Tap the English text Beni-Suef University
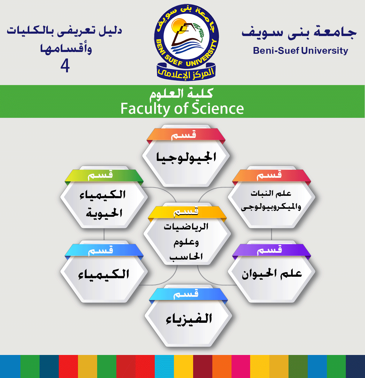[x=301, y=51]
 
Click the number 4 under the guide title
[x=65, y=66]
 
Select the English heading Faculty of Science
[x=182, y=108]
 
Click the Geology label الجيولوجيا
[x=186, y=157]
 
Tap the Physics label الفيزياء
[x=189, y=319]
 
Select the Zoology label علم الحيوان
[x=272, y=273]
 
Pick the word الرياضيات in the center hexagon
[x=186, y=227]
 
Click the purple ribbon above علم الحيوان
[x=271, y=251]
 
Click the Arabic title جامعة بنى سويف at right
[x=299, y=32]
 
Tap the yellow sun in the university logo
[x=178, y=26]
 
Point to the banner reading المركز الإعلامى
[x=186, y=72]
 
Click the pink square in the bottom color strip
[x=241, y=366]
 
